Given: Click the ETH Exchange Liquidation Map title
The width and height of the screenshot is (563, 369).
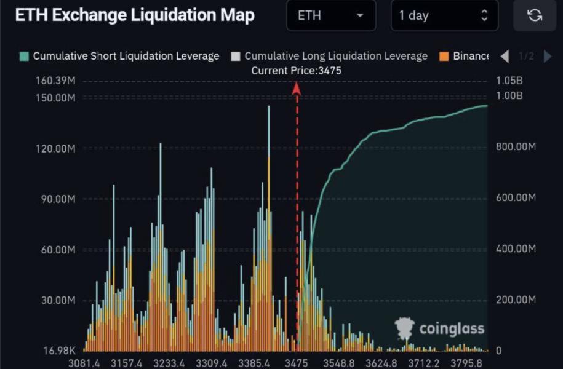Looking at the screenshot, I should coord(134,16).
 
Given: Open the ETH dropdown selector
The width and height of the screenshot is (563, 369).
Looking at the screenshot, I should coord(330,16).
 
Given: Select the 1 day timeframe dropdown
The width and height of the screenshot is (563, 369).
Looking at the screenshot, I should coord(444,16).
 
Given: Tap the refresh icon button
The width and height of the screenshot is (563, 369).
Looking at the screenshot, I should coord(534,16).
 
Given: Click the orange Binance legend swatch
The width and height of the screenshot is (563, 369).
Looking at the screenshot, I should coord(444,57).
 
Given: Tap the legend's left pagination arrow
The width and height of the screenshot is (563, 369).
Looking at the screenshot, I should coord(505,57).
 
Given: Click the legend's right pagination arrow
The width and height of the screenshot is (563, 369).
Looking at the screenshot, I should coord(548,57).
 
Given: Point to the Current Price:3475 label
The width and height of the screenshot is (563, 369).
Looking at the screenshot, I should coord(296,71).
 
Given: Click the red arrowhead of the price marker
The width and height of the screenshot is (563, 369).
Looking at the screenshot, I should coord(296,89).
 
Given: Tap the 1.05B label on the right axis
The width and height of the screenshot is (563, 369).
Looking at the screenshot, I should coord(508,81).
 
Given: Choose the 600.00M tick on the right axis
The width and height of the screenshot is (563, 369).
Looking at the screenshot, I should coord(516,197).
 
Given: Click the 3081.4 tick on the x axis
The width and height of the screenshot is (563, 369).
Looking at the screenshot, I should coord(84,362).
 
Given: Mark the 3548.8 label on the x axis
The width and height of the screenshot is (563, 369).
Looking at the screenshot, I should coord(338,362).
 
